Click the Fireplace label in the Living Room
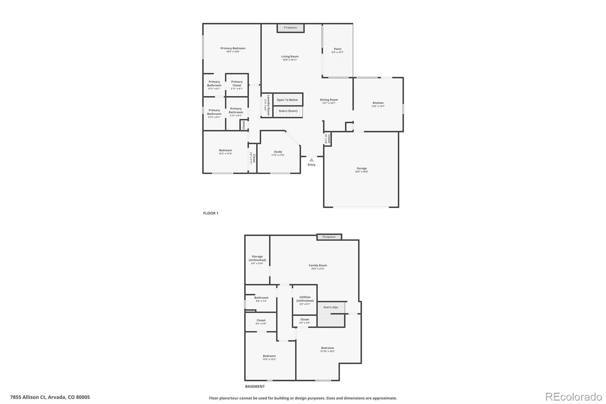point(291,28)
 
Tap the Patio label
point(337,49)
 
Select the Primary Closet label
point(237,83)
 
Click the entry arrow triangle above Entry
point(311,160)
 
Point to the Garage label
point(362,169)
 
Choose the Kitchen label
point(378,103)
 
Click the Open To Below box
point(287,100)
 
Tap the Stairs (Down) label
point(288,111)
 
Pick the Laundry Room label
point(268,105)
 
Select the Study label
point(278,152)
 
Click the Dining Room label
point(329,100)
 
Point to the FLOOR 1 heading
point(211,213)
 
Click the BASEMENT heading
point(255,387)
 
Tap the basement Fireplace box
point(329,237)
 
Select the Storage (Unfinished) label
point(257,258)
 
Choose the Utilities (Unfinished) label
point(305,299)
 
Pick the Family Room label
point(318,266)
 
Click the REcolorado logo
point(573,397)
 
